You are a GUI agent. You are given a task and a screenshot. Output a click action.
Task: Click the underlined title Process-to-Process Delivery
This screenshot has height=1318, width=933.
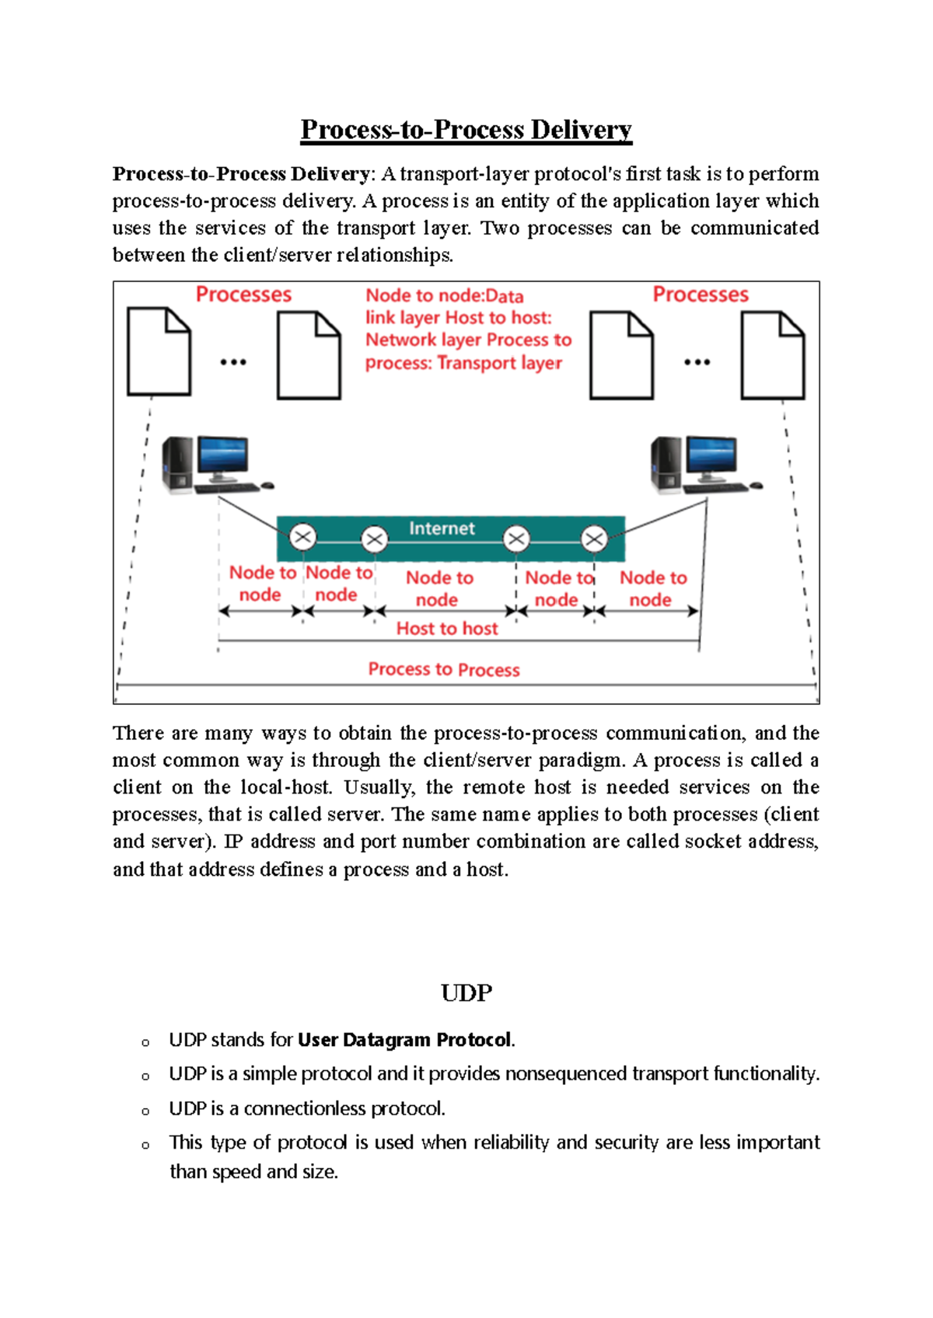click(x=466, y=129)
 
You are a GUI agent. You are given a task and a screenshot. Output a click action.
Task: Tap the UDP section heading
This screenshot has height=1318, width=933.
click(x=466, y=992)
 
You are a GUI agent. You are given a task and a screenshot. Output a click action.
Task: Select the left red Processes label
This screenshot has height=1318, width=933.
click(x=243, y=295)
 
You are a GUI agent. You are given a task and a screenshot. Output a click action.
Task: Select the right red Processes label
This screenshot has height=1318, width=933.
click(x=700, y=295)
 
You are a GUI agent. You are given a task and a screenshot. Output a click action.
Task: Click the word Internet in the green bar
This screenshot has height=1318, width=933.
click(x=442, y=528)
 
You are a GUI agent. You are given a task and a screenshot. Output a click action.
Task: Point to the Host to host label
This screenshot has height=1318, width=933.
click(x=447, y=629)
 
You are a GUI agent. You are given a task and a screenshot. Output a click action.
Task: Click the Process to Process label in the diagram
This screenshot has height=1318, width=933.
click(x=444, y=669)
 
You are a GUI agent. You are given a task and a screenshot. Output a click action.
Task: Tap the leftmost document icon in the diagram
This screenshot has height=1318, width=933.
click(x=159, y=352)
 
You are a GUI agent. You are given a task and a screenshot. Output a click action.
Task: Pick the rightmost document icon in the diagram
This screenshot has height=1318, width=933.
click(x=772, y=355)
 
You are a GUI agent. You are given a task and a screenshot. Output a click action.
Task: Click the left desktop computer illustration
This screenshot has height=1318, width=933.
click(x=214, y=465)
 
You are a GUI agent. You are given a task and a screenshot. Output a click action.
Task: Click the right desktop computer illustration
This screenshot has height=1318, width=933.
click(x=703, y=465)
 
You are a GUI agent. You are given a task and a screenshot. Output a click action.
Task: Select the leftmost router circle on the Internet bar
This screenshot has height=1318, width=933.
click(x=302, y=537)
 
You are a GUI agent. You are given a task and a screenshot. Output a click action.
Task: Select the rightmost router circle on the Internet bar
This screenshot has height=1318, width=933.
click(x=594, y=539)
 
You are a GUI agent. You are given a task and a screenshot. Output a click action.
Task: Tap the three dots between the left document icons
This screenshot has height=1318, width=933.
click(x=233, y=362)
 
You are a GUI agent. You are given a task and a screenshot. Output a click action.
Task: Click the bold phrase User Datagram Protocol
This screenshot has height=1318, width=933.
click(x=404, y=1040)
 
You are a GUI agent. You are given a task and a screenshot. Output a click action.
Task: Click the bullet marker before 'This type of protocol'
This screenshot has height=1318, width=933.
click(x=145, y=1145)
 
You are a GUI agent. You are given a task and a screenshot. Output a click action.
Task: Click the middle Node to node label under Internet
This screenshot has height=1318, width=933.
click(x=439, y=588)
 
